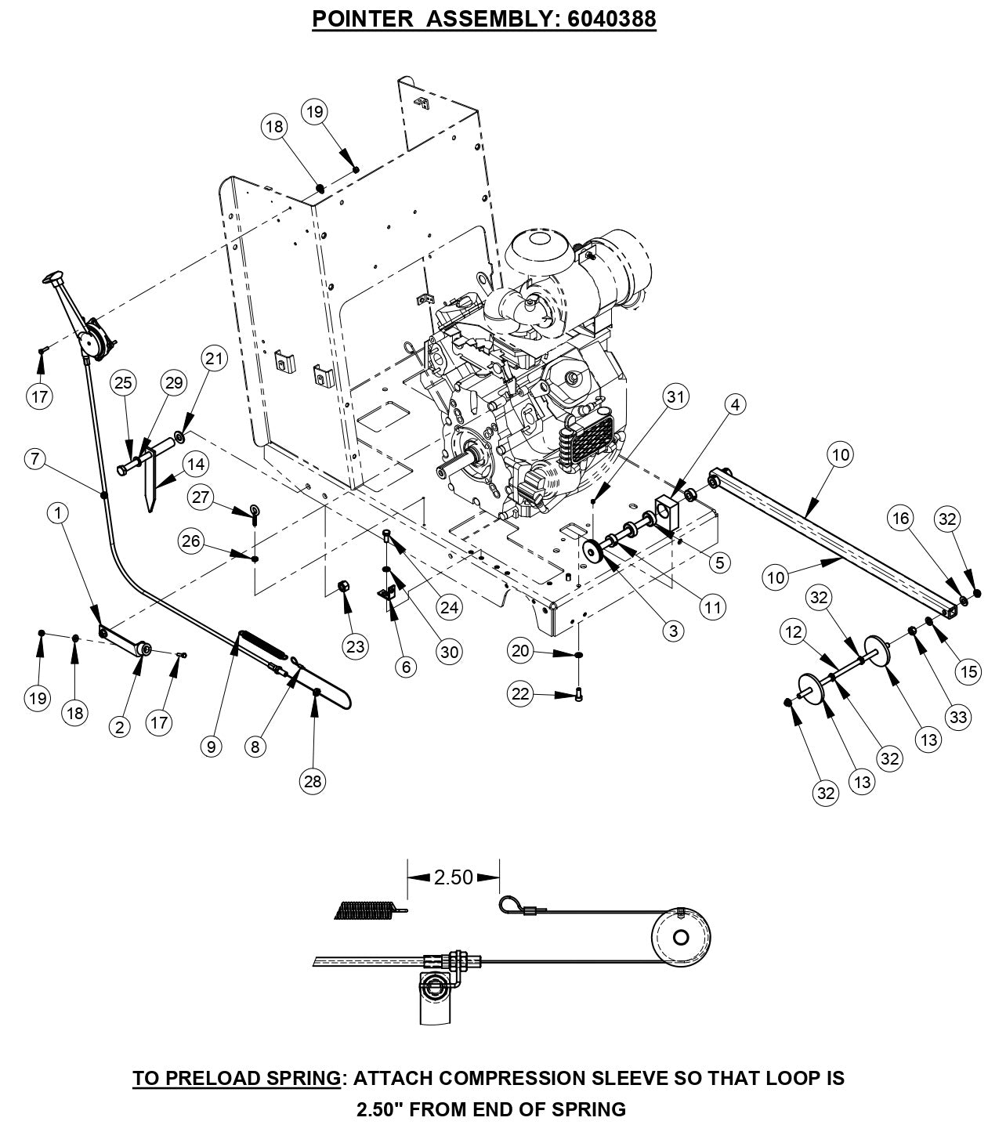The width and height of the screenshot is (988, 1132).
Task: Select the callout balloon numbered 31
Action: point(675,397)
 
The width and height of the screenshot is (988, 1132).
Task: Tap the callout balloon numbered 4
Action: point(734,404)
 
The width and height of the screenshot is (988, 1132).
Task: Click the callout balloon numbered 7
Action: point(35,459)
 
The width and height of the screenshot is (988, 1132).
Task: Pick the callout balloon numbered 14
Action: point(196,464)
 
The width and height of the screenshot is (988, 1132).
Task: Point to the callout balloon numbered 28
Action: point(314,780)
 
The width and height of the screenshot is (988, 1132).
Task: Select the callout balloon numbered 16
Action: point(901,518)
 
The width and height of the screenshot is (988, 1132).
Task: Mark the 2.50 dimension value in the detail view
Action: point(453,877)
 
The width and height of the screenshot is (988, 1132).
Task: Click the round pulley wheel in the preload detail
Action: point(679,937)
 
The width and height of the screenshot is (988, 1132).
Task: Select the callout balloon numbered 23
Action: point(355,646)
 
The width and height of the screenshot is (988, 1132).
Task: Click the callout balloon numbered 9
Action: point(210,747)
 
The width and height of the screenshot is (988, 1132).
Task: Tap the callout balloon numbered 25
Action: point(124,382)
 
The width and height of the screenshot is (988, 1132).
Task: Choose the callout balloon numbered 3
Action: point(672,631)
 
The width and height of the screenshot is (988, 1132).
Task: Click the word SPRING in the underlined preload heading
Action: point(300,1078)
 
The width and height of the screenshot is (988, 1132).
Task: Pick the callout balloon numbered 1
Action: point(57,512)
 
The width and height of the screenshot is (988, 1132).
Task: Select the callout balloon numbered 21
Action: point(214,360)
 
